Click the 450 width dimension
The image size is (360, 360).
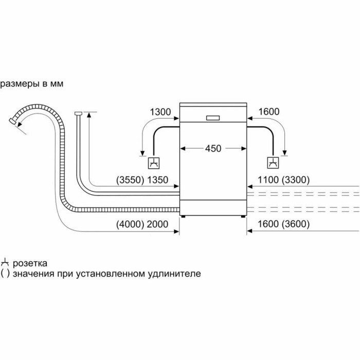[213, 149]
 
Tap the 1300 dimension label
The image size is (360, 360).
[160, 112]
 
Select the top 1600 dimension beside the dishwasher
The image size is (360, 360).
[268, 112]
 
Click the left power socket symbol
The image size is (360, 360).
[153, 164]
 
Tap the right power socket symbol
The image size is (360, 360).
[272, 164]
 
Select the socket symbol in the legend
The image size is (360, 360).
[5, 262]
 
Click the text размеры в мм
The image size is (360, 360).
[32, 83]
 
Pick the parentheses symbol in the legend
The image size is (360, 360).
[5, 274]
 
